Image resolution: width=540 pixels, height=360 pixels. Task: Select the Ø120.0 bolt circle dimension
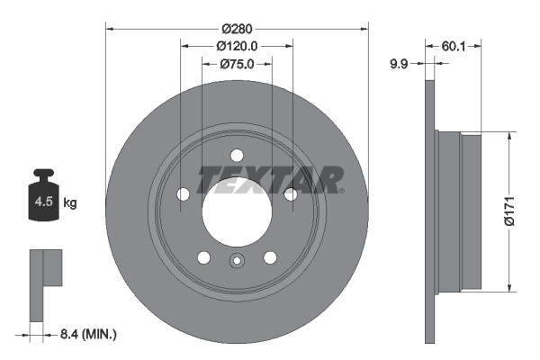pos(237,45)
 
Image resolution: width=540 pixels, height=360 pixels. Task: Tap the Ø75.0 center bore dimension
pos(237,64)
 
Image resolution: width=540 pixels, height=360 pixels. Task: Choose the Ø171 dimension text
pos(508,211)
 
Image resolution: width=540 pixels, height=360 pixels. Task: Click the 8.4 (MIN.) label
pos(86,335)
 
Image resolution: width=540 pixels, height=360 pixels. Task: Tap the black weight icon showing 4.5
pos(44,195)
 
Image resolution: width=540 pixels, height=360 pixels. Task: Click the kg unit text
pos(70,203)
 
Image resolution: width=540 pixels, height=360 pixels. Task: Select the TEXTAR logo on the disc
pos(270,179)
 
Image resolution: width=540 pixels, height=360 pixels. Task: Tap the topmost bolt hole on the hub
pos(236,154)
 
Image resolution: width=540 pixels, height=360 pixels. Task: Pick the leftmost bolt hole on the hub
pos(183,193)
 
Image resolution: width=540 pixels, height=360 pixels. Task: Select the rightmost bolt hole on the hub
pos(290,193)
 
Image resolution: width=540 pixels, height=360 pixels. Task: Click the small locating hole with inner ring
pos(236,262)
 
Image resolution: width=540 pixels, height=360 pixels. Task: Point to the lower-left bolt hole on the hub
pos(203,256)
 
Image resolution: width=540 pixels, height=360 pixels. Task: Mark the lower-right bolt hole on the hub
pos(269,256)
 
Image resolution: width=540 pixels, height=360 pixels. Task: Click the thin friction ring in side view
pos(429,211)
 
